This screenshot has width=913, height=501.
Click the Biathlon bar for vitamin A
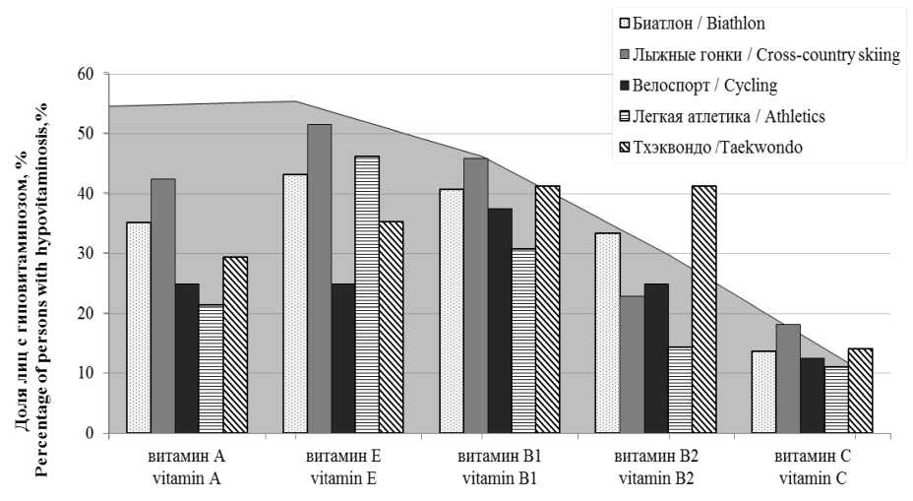[x=139, y=328]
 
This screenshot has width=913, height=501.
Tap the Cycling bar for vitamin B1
[x=500, y=321]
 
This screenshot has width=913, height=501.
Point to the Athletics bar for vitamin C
[x=836, y=400]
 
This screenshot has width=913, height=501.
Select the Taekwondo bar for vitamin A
[x=235, y=344]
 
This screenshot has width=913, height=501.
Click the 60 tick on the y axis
[x=87, y=74]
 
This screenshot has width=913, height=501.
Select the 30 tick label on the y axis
[x=87, y=254]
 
